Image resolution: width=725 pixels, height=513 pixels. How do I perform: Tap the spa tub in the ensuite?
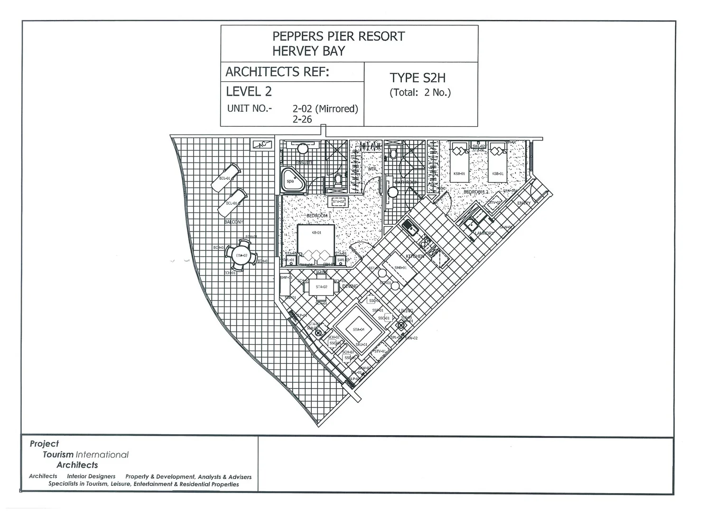click(x=291, y=180)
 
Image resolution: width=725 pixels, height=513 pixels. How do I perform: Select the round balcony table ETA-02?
click(x=242, y=256)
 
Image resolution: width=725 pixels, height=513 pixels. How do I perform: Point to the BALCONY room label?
click(x=233, y=222)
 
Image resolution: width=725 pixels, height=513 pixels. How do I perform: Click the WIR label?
click(x=372, y=169)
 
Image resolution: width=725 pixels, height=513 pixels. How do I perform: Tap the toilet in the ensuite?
click(x=338, y=180)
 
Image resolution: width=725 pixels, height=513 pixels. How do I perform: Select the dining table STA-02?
click(x=321, y=287)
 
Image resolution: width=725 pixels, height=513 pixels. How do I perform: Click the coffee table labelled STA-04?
click(x=358, y=329)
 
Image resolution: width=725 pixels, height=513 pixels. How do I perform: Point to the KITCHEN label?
click(x=415, y=256)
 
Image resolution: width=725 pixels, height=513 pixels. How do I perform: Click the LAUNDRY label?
click(x=484, y=233)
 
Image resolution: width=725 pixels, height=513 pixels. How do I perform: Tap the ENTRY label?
click(x=524, y=203)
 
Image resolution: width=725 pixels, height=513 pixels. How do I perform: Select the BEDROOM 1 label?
click(x=318, y=216)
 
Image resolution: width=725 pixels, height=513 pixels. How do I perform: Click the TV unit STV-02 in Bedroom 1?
click(x=338, y=202)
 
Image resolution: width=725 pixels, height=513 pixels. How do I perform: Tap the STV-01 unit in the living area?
click(x=380, y=351)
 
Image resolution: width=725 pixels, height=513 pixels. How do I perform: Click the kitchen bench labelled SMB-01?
click(x=400, y=268)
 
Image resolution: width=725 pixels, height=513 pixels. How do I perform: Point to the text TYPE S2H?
click(x=418, y=78)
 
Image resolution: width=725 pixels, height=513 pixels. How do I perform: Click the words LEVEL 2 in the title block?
click(x=249, y=92)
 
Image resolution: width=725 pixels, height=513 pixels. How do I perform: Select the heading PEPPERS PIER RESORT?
click(x=338, y=37)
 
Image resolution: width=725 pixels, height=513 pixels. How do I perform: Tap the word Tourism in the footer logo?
click(x=58, y=455)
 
